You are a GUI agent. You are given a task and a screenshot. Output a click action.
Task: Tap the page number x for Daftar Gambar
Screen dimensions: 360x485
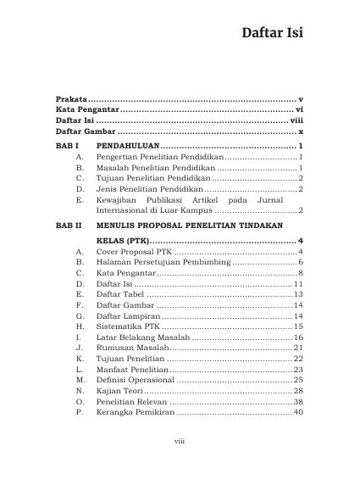click(x=302, y=132)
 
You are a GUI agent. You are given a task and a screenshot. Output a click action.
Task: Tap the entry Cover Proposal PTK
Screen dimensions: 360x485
click(x=135, y=252)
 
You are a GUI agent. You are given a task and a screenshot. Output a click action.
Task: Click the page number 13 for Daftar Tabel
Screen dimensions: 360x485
click(x=298, y=294)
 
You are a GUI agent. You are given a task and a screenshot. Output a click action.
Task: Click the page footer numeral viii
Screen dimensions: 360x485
click(x=180, y=464)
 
